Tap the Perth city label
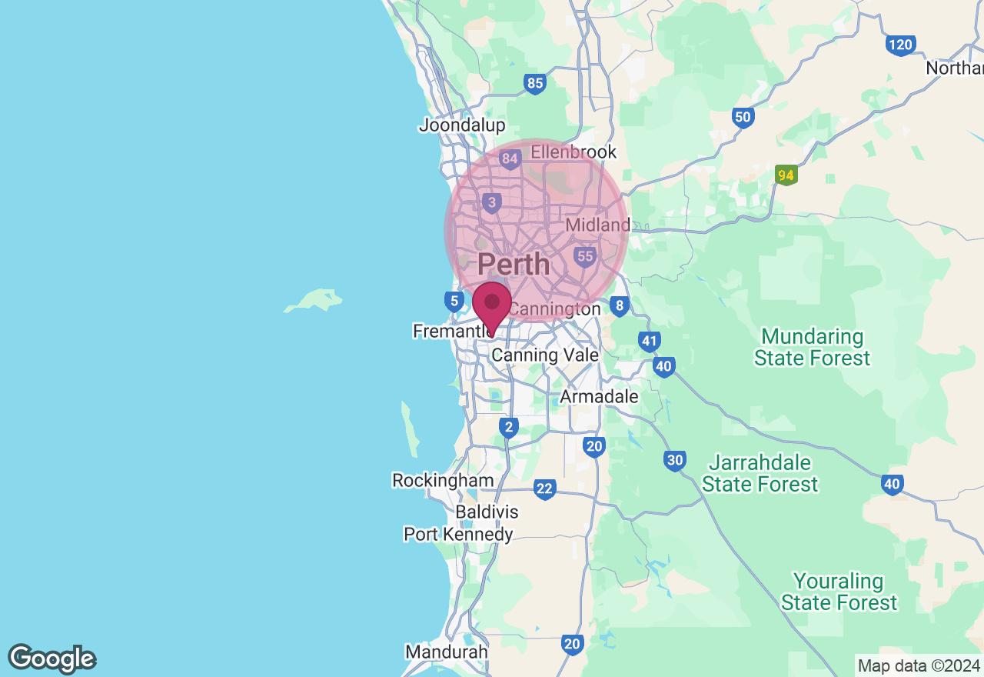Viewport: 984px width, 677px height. [x=514, y=265]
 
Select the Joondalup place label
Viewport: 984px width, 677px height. [x=462, y=125]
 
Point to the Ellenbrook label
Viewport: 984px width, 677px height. [x=573, y=152]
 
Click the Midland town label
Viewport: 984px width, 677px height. [x=597, y=225]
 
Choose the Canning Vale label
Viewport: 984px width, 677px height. [x=545, y=355]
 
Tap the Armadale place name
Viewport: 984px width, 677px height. [x=599, y=397]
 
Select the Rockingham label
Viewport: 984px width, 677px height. [x=443, y=480]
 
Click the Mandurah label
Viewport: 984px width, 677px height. [x=447, y=652]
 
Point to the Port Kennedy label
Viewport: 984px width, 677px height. [x=458, y=534]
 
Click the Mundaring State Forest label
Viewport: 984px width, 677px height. [x=812, y=348]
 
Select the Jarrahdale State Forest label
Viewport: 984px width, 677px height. [x=760, y=474]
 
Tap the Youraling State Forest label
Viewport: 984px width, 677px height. [x=839, y=592]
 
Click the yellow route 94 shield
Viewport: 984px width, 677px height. [x=786, y=175]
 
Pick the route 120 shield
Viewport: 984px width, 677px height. [x=899, y=45]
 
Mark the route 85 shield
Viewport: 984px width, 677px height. [x=535, y=83]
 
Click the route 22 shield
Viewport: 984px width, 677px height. [x=544, y=489]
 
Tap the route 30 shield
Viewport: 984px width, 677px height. [x=674, y=461]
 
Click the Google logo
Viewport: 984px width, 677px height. [x=52, y=659]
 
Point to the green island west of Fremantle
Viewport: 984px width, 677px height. [x=314, y=300]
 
